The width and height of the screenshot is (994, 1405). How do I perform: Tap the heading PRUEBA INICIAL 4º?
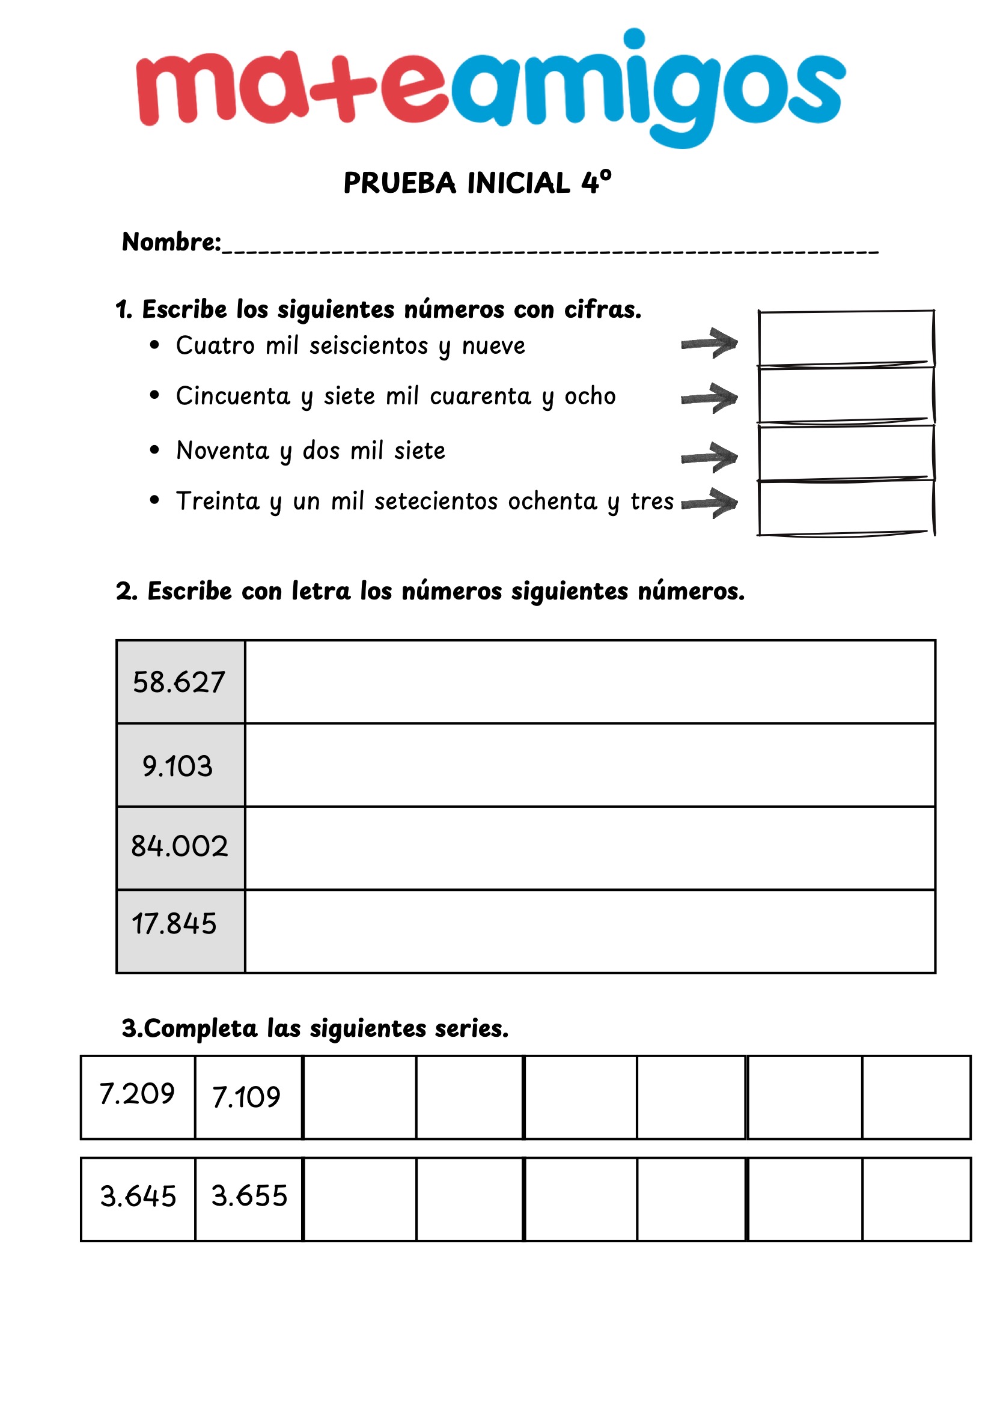click(x=477, y=183)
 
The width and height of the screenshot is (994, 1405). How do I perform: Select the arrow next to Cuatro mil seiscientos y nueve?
click(x=709, y=344)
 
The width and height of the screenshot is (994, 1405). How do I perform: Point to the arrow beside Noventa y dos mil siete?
click(x=709, y=457)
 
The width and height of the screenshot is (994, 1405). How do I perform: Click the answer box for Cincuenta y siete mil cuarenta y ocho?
click(x=846, y=395)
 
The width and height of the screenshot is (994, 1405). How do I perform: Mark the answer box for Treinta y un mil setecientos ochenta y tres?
click(x=846, y=508)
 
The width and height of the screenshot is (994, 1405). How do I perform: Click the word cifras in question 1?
click(x=602, y=309)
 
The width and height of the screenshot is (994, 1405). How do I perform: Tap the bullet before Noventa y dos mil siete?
click(x=154, y=451)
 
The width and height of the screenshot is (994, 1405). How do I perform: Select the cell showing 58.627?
click(x=180, y=682)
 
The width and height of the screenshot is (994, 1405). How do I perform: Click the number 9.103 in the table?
click(x=177, y=766)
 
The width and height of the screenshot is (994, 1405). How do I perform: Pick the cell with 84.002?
click(x=180, y=847)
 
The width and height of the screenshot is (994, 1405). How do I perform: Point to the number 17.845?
click(x=174, y=924)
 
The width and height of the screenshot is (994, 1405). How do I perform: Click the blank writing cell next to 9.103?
click(x=590, y=765)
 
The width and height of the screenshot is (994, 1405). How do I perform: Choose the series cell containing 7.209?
click(x=138, y=1094)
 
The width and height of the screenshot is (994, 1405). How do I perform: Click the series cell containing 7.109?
click(x=246, y=1097)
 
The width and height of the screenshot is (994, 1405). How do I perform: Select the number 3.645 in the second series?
click(x=138, y=1197)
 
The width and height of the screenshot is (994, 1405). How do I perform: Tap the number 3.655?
click(x=249, y=1197)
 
